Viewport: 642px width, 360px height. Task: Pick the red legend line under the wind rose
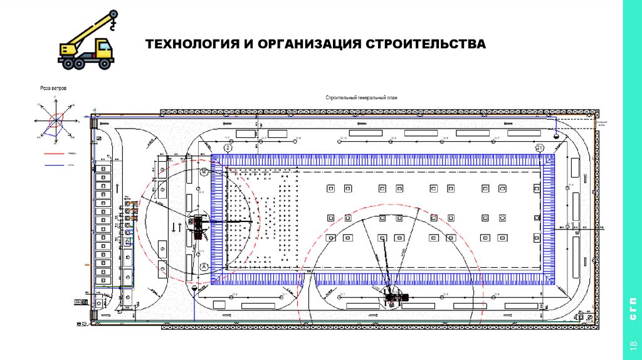[56, 152]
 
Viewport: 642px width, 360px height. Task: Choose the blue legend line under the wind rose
[56, 165]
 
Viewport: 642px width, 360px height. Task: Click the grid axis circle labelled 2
[227, 148]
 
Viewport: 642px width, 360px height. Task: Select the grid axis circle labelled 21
[540, 148]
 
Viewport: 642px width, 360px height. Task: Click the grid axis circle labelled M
[203, 171]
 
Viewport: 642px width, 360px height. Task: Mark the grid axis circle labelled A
[203, 267]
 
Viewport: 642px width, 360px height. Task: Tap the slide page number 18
[631, 347]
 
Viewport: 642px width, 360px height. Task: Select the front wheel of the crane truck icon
[104, 63]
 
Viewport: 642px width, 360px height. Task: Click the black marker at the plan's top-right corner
[556, 134]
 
